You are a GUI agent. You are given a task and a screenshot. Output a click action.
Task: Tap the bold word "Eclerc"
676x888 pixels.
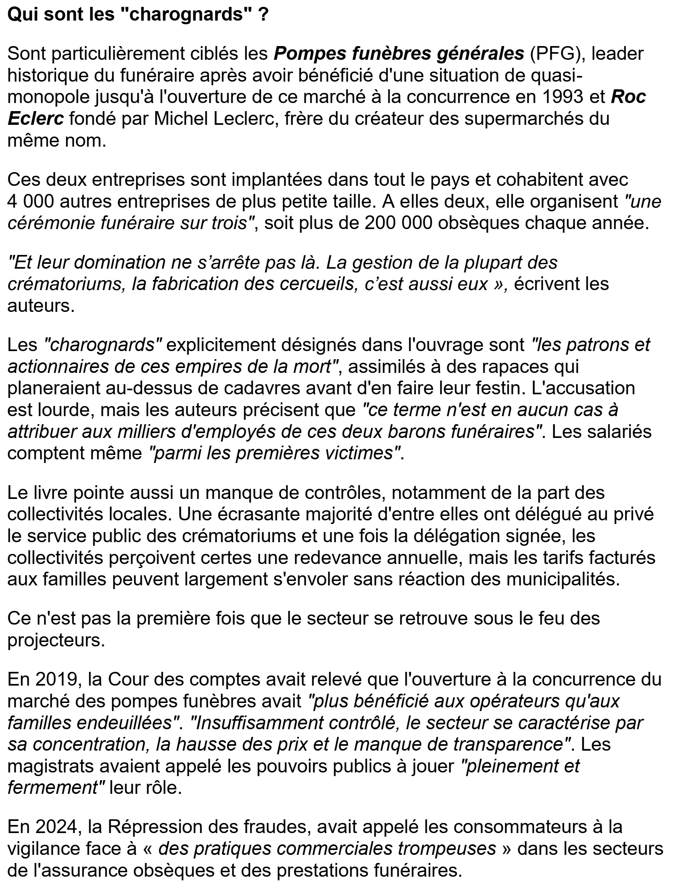pyautogui.click(x=36, y=120)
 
